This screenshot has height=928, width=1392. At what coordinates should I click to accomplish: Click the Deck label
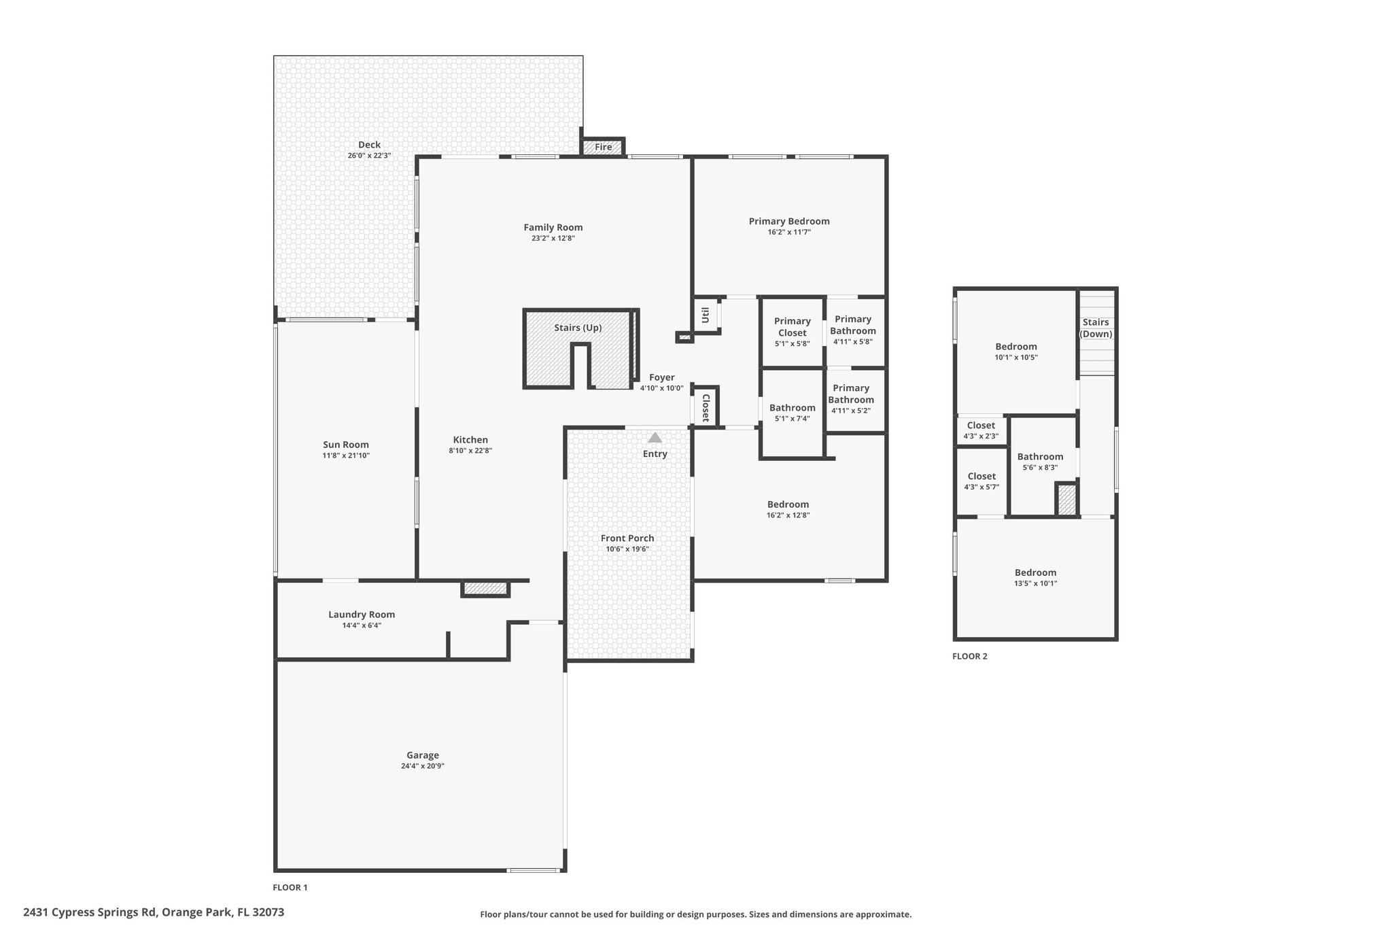[x=369, y=145]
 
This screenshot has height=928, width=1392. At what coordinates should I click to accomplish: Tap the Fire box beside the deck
[x=603, y=147]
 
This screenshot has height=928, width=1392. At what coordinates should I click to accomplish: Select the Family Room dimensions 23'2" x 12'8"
[x=553, y=239]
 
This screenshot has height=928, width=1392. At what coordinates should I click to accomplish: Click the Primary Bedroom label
[x=789, y=221]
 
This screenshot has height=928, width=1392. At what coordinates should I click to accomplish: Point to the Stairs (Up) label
[x=578, y=328]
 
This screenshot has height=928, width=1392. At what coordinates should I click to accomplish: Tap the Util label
[x=706, y=315]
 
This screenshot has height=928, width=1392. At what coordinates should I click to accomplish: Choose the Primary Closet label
[x=793, y=327]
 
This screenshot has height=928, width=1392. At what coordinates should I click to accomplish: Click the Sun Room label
[x=346, y=445]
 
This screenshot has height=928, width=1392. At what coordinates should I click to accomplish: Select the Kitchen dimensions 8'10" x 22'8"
[x=470, y=450]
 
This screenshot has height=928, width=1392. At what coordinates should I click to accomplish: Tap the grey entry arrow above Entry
[x=655, y=438]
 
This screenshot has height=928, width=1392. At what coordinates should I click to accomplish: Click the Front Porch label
[x=627, y=538]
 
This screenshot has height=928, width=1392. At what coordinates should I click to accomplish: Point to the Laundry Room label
[x=362, y=615]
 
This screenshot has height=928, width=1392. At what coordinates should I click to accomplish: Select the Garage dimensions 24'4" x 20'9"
[x=423, y=766]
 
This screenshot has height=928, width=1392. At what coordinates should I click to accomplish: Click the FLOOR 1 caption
[x=290, y=887]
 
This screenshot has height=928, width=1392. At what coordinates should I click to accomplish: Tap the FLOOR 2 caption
[x=970, y=656]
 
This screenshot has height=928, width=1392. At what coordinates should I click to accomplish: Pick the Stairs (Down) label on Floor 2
[x=1096, y=328]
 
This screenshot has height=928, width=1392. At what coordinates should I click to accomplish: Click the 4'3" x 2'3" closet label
[x=981, y=436]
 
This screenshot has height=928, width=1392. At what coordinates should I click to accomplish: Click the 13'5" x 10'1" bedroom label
[x=1036, y=583]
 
